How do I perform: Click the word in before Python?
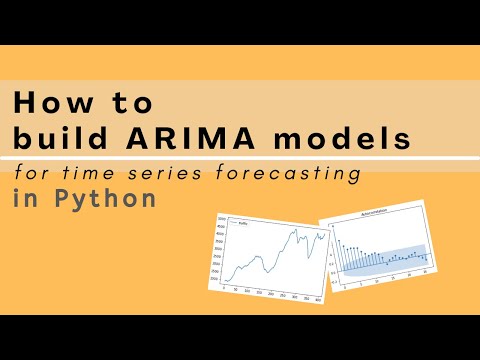pyautogui.click(x=26, y=198)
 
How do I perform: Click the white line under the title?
pyautogui.click(x=240, y=158)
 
